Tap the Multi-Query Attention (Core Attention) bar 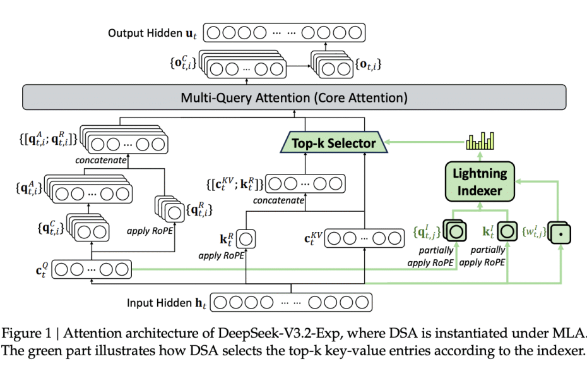point(293,98)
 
